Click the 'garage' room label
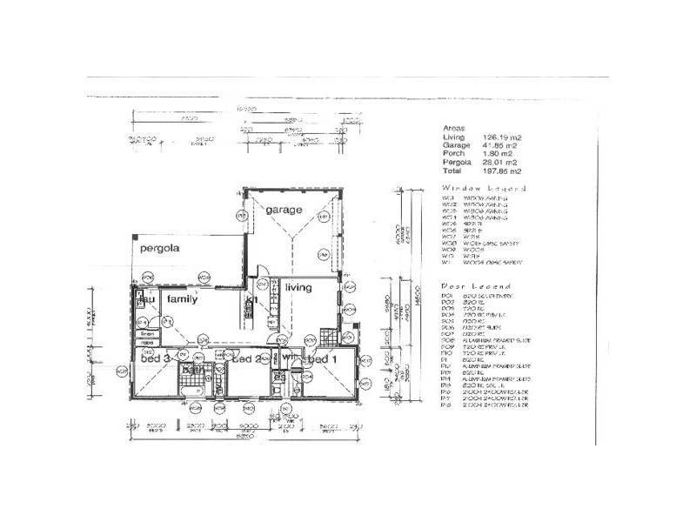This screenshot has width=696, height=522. (x=284, y=211)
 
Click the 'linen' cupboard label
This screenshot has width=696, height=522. (x=147, y=333)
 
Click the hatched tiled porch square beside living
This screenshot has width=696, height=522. (x=327, y=335)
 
